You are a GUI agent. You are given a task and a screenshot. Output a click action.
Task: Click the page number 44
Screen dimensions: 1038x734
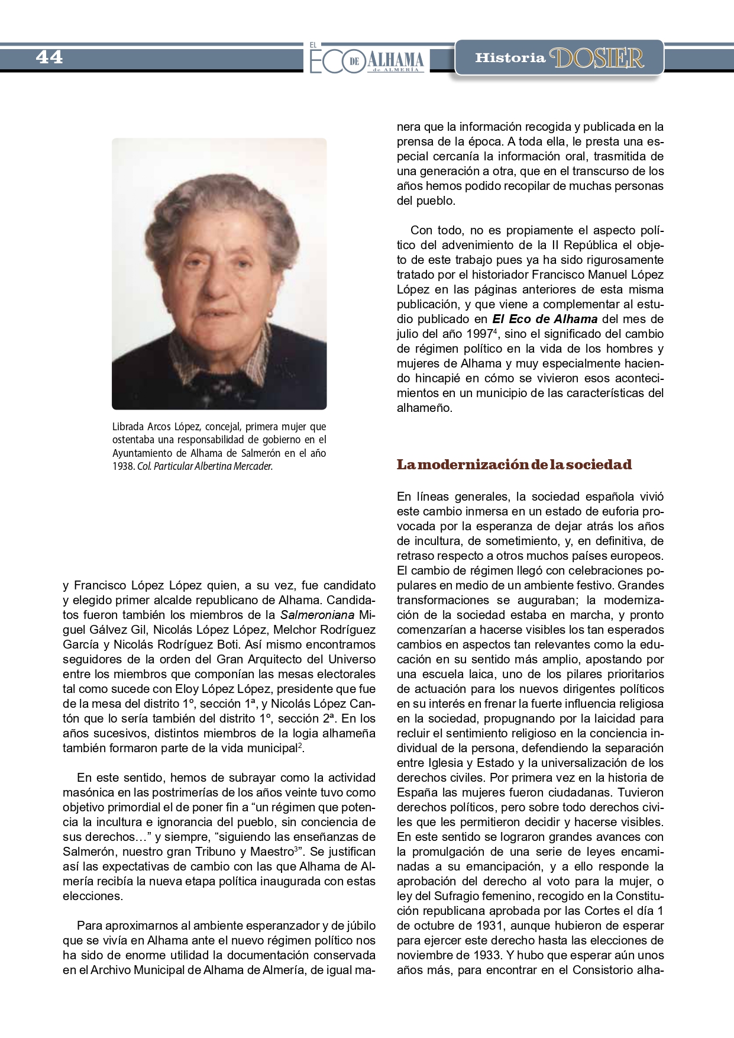[x=49, y=57]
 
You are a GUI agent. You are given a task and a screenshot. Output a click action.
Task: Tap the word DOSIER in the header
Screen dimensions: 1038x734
[x=596, y=58]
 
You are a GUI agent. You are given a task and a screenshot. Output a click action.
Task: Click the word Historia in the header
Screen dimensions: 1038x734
[x=510, y=58]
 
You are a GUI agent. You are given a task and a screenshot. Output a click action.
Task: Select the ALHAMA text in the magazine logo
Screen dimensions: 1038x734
[x=396, y=59]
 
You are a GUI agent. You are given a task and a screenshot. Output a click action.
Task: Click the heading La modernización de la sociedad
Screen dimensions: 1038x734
[x=514, y=465]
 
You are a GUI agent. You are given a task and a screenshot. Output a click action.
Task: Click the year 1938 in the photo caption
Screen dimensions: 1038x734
[x=123, y=466]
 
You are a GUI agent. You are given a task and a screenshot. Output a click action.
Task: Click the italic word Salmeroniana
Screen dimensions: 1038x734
[x=318, y=615]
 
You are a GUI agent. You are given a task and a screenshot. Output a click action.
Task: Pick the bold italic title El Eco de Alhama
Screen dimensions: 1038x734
[x=545, y=319]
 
